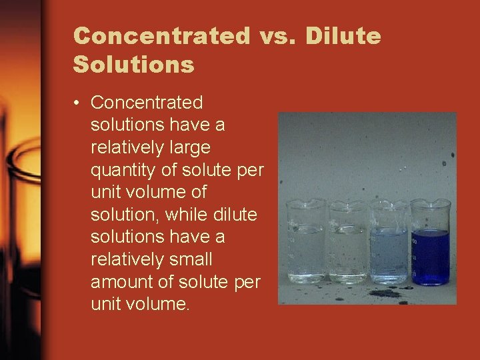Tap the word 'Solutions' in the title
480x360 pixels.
point(133,65)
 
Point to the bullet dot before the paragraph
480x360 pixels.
point(78,103)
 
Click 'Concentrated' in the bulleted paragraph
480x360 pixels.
point(147,103)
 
